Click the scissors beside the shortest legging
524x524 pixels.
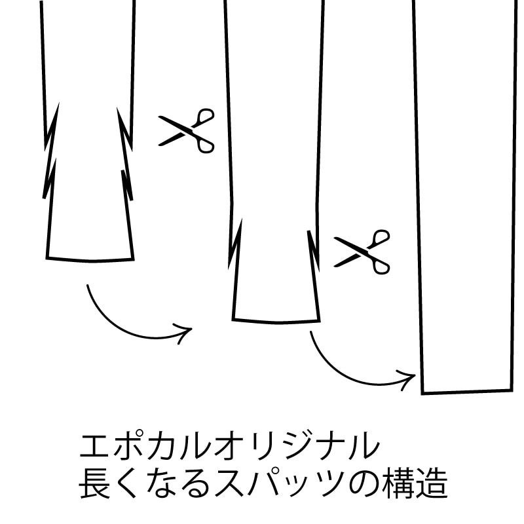point(187,130)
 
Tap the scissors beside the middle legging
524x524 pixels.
point(362,252)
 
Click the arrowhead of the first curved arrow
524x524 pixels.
point(185,333)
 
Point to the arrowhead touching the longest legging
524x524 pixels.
point(407,379)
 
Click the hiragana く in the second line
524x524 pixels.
point(128,484)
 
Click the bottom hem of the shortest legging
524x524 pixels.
point(90,260)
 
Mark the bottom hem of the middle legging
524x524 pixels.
point(276,322)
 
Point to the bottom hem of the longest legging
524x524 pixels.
point(467,392)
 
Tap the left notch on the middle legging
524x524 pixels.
point(234,244)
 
